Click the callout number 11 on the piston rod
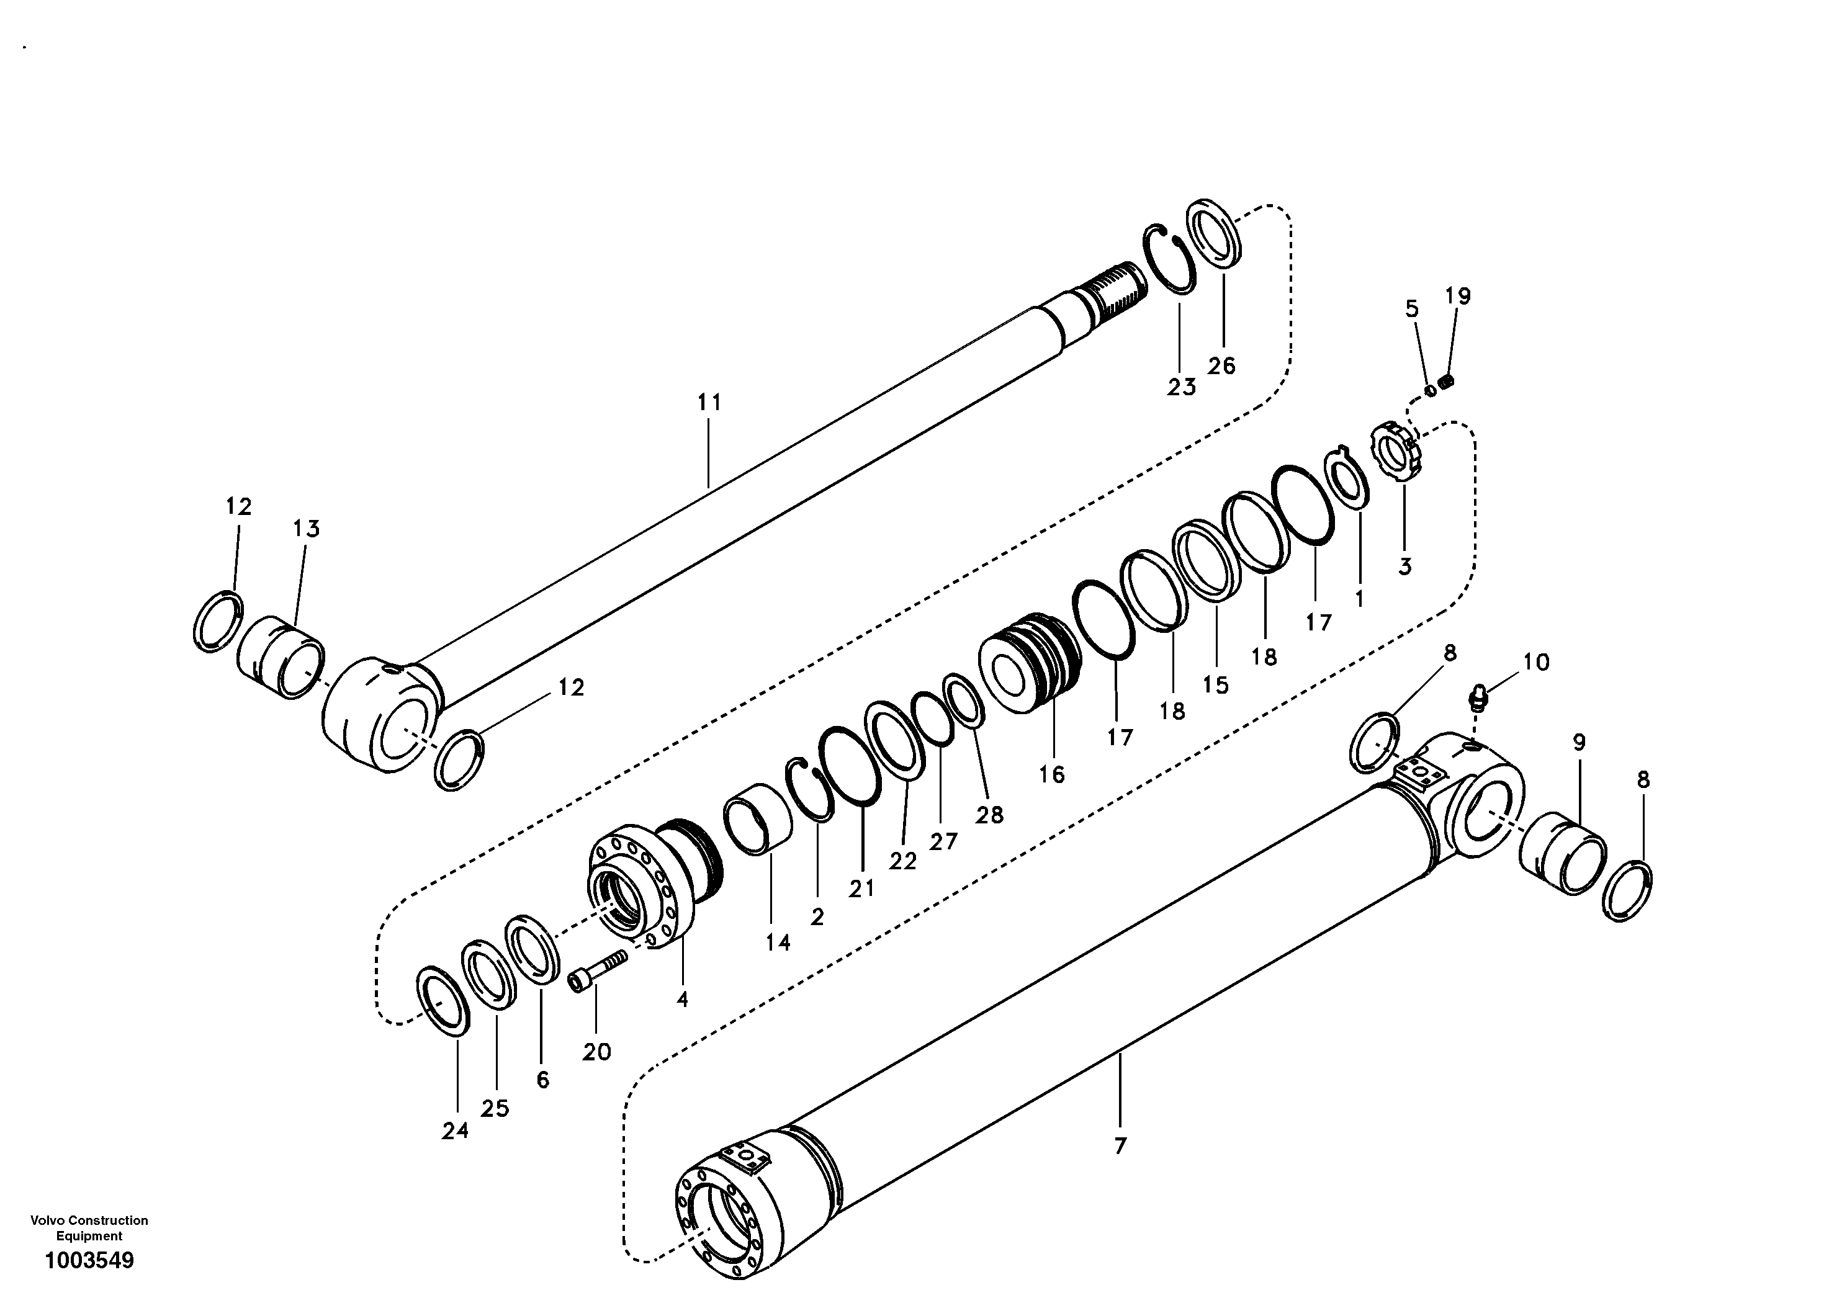(x=709, y=403)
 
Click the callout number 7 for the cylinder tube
(x=1121, y=1145)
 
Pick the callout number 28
(x=989, y=815)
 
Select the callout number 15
(x=1216, y=685)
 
